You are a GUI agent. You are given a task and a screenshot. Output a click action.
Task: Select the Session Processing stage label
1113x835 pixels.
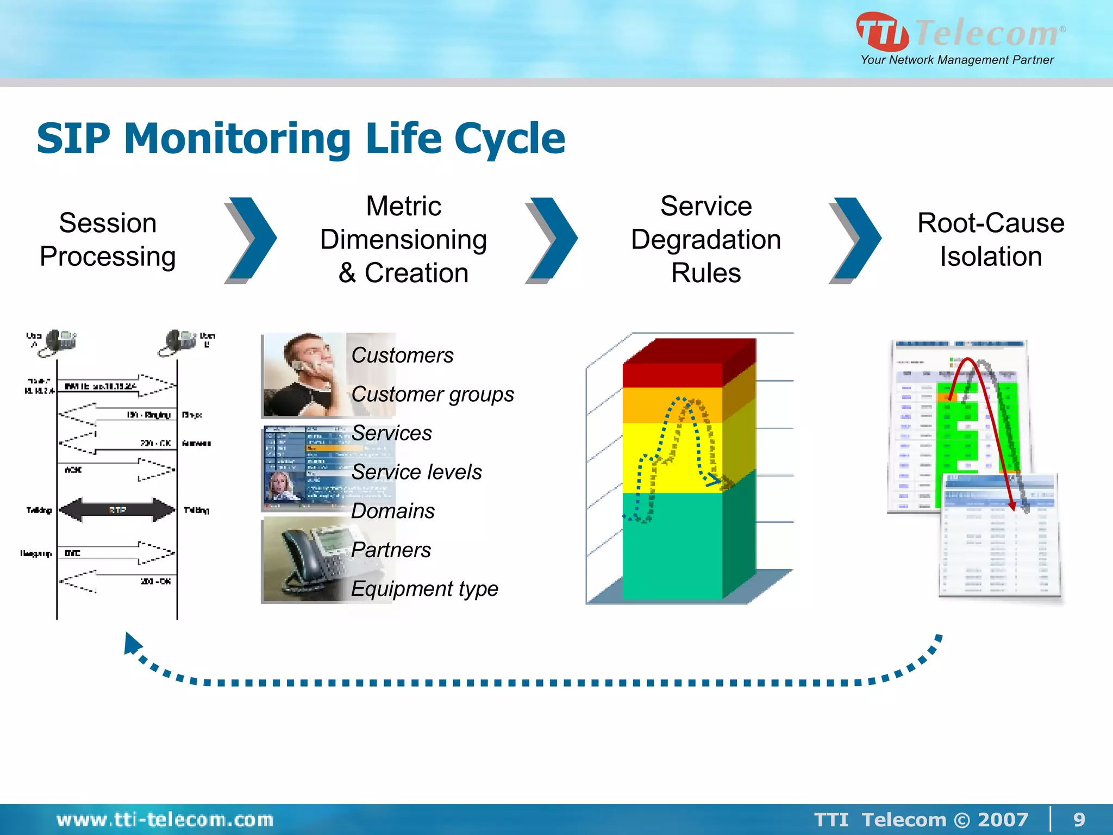[108, 240]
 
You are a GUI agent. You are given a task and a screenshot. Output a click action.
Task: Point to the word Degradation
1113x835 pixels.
[705, 240]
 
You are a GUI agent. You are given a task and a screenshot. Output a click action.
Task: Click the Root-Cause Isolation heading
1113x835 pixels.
[990, 240]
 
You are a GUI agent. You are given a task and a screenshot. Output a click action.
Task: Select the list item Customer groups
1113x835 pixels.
[432, 394]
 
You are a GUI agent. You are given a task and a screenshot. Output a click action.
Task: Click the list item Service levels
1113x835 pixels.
[416, 472]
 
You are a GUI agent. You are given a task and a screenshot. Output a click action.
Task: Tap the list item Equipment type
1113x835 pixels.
[424, 589]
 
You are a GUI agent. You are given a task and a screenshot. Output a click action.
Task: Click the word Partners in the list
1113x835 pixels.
[391, 550]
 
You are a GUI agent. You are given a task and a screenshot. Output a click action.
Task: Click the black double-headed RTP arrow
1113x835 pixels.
[117, 510]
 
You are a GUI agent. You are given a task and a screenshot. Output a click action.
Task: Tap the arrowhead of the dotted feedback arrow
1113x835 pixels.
[132, 643]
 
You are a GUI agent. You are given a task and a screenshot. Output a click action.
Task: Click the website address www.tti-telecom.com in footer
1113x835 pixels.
[165, 819]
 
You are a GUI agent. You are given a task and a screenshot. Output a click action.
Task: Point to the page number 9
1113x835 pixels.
[1079, 819]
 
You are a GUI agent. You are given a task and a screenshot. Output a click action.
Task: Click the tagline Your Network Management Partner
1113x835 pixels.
[956, 60]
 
